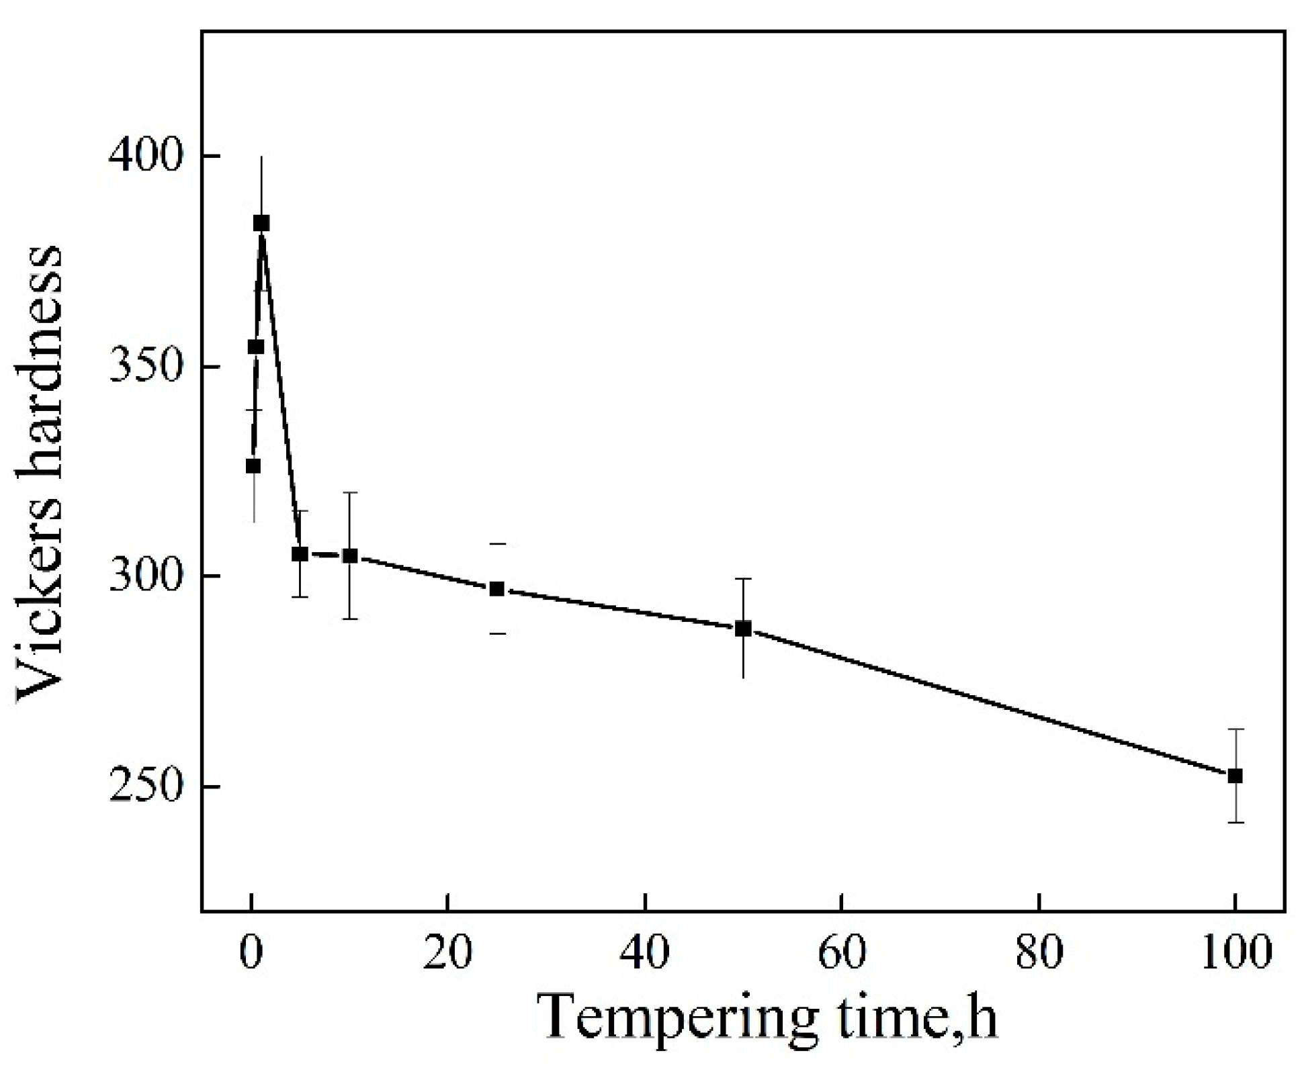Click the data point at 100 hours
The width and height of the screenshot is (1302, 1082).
pyautogui.click(x=1235, y=776)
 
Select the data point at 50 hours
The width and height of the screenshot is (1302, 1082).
pyautogui.click(x=743, y=629)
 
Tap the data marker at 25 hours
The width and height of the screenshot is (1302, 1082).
pyautogui.click(x=496, y=589)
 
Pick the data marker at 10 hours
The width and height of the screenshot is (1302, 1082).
pyautogui.click(x=350, y=555)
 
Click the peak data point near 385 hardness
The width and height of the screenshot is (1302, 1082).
pyautogui.click(x=261, y=223)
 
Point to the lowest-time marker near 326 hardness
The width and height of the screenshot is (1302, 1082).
pyautogui.click(x=253, y=465)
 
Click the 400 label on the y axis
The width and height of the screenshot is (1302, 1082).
pyautogui.click(x=146, y=156)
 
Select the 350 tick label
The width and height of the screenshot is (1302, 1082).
pyautogui.click(x=146, y=367)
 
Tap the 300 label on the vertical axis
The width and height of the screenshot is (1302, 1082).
pyautogui.click(x=146, y=576)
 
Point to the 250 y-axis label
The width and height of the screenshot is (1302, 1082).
pyautogui.click(x=146, y=786)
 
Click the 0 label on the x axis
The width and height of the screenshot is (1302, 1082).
pyautogui.click(x=251, y=952)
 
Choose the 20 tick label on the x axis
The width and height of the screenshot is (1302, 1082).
pyautogui.click(x=447, y=952)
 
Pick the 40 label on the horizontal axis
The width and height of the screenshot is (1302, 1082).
pyautogui.click(x=645, y=952)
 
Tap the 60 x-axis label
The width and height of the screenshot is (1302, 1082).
pyautogui.click(x=842, y=952)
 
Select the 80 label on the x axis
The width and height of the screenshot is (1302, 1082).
pyautogui.click(x=1039, y=952)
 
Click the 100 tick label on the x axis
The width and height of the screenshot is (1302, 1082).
pyautogui.click(x=1235, y=952)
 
